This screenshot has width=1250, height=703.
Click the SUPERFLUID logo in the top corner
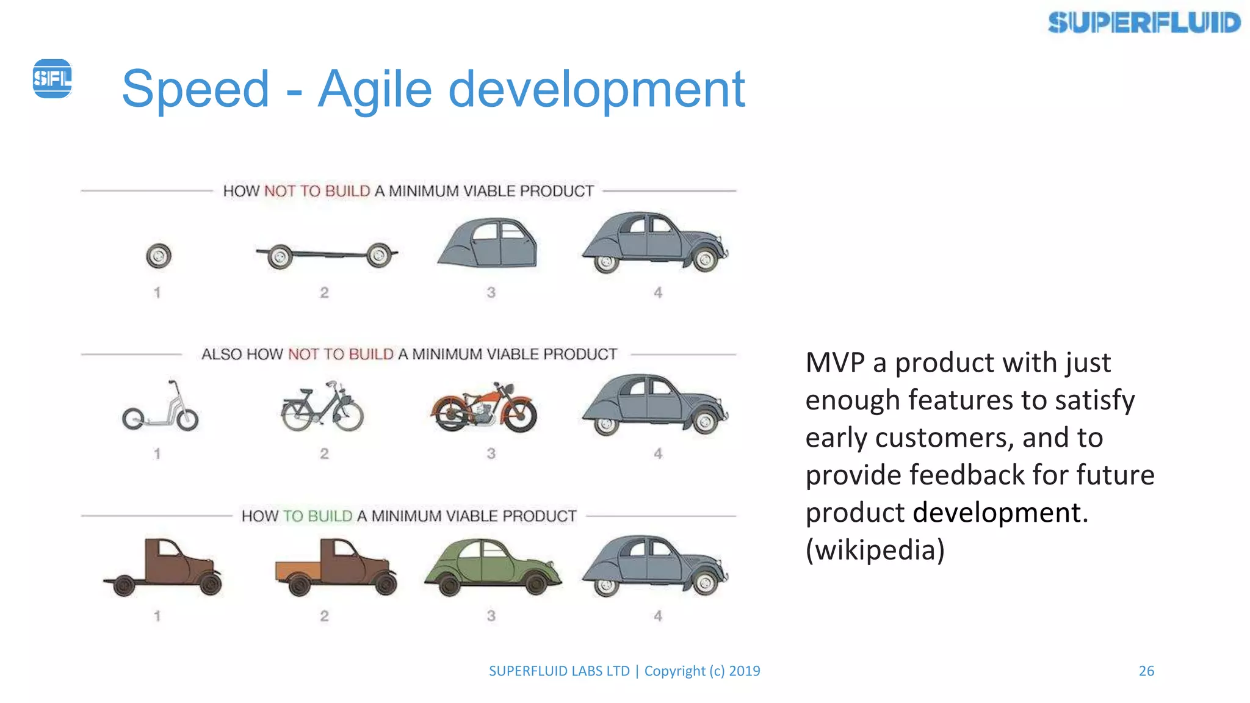1144,23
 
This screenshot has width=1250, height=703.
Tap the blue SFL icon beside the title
52,78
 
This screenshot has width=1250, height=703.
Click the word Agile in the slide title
375,89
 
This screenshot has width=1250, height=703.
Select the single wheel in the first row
159,256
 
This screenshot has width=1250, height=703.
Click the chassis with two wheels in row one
327,255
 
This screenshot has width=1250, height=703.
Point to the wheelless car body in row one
489,243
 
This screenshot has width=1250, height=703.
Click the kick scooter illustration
161,408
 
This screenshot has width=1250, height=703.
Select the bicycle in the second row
323,408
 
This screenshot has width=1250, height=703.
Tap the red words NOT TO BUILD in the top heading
317,191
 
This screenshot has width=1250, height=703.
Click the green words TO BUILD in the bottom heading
317,516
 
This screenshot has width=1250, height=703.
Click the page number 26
1146,671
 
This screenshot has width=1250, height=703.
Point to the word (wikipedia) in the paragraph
875,550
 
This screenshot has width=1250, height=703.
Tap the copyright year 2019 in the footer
745,671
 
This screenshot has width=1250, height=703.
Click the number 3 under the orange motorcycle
491,454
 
